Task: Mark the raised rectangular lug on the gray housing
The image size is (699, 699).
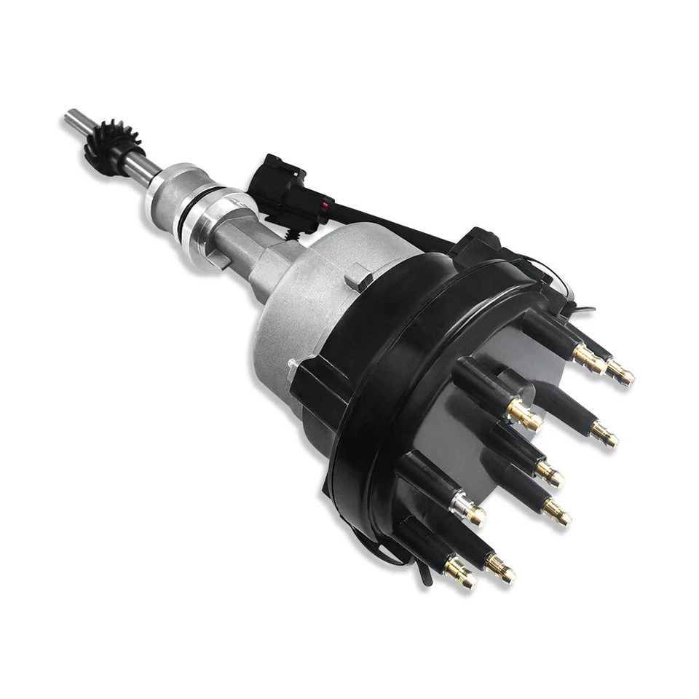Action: click(x=359, y=277)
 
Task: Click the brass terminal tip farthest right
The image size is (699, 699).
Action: click(x=620, y=372)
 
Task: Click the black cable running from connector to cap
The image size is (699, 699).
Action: click(x=393, y=221)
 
